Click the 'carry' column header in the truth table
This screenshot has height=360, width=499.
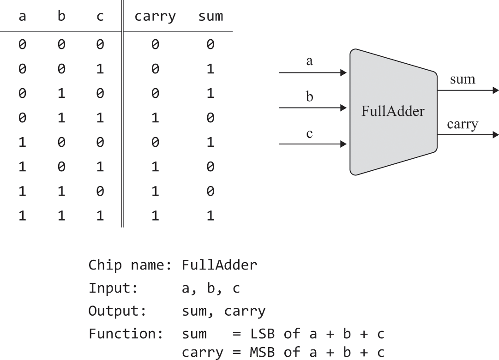pos(155,17)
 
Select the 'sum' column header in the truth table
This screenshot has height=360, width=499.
pos(210,17)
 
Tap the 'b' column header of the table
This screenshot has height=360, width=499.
pos(61,17)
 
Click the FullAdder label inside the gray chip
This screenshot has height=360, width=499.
pos(393,111)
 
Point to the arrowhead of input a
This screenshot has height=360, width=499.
pos(343,72)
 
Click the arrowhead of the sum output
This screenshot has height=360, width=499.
pos(495,90)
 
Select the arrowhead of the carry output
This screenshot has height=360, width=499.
pos(495,135)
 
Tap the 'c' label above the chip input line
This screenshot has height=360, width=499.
pos(309,134)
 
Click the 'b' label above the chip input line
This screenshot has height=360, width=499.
pos(309,97)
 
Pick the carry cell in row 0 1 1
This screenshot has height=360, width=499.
pos(155,118)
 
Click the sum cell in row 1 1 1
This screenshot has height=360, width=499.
pos(210,216)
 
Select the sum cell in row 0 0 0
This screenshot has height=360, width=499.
pos(210,45)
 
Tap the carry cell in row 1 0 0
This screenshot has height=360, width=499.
pos(155,143)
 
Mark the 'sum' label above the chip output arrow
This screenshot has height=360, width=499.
pos(463,79)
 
